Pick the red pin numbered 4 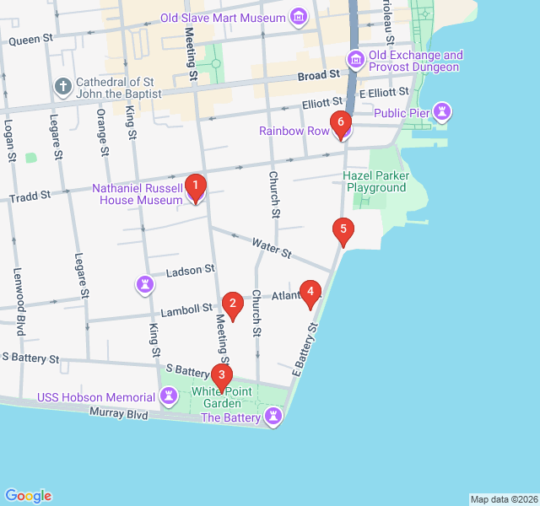coord(310,293)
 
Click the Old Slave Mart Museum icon coord(299,17)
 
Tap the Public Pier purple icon coord(442,111)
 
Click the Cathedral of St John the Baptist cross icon coord(62,87)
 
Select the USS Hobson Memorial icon coord(169,396)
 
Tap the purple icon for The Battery coord(273,416)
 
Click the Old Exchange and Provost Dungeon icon coord(355,59)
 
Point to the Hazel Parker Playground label coord(376,181)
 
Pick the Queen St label coord(24,40)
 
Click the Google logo coord(28,496)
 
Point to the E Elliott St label coord(384,92)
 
